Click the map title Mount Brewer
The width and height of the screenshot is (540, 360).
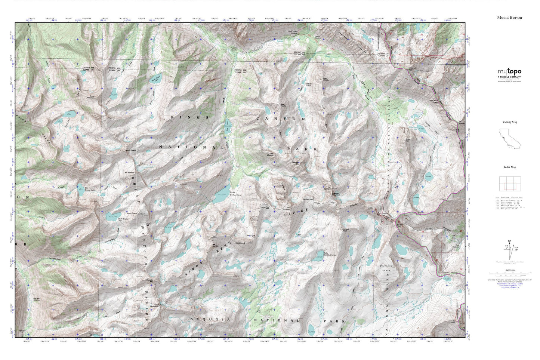[510, 18]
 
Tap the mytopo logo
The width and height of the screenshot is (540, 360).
[509, 72]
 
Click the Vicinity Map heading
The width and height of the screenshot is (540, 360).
[510, 122]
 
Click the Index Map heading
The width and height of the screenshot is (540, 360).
[510, 167]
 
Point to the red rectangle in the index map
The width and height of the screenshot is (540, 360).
[510, 186]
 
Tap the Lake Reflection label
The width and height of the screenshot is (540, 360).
[235, 194]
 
